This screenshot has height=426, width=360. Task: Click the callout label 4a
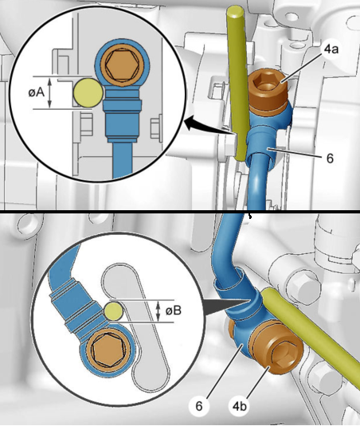331,49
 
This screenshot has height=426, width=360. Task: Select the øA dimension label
36,92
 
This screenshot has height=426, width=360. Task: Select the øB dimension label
174,311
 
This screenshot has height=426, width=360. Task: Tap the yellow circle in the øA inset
88,92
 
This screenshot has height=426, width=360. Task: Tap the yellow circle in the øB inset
114,311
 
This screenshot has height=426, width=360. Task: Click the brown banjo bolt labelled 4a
268,90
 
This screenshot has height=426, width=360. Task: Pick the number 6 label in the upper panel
330,158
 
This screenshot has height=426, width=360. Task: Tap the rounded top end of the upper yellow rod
235,11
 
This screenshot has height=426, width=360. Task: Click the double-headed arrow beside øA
49,92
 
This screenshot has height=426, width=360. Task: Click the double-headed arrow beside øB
158,311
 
